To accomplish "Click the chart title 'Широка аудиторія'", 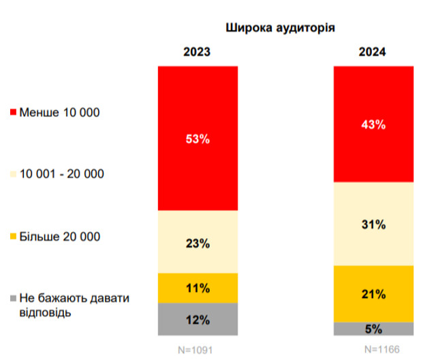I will click(280, 28).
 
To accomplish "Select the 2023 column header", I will click(197, 52).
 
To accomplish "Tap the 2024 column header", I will click(373, 52).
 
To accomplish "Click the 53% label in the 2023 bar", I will click(198, 139).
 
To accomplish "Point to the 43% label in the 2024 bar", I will click(373, 125).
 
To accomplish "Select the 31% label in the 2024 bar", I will click(373, 224).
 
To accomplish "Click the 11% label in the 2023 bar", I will click(198, 288).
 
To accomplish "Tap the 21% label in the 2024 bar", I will click(373, 294).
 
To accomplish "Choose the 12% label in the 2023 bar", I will click(198, 320).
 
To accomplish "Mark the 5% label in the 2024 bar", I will click(373, 329).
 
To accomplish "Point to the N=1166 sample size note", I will click(373, 349).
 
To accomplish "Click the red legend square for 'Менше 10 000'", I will click(14, 112).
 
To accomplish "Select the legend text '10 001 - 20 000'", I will click(62, 174).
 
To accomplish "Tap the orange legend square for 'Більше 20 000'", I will click(14, 237).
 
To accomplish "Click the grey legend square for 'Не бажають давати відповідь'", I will click(14, 299).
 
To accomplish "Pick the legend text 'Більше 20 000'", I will click(60, 237).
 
